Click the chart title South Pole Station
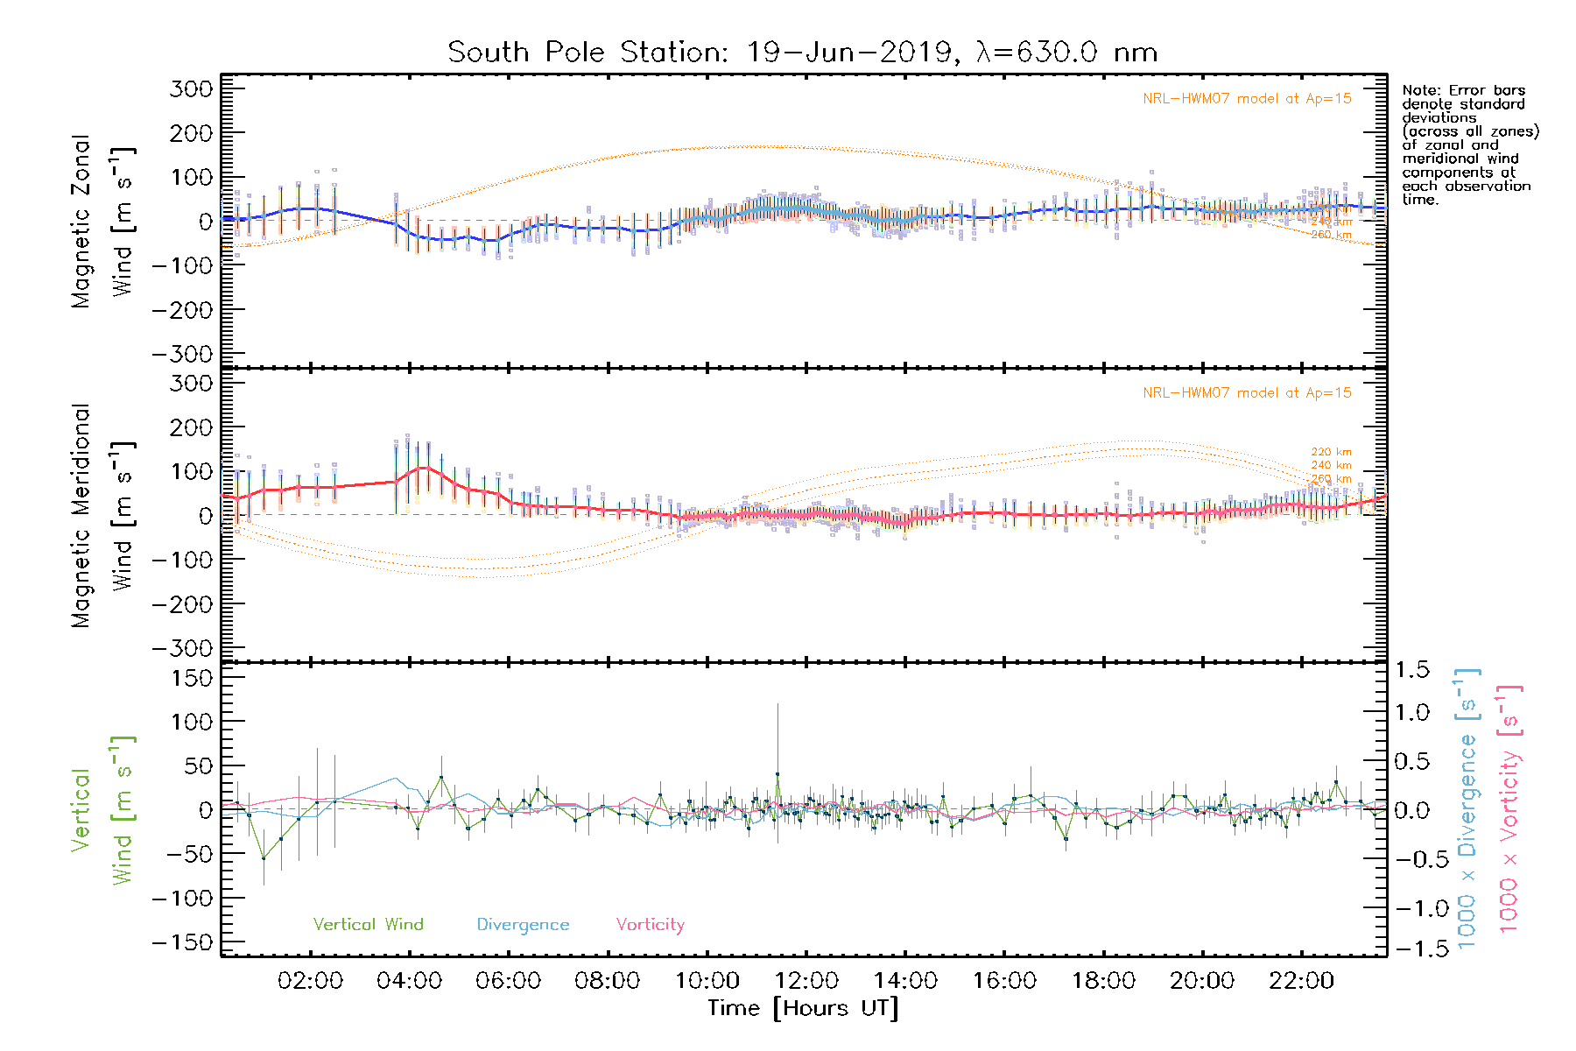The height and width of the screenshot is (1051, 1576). click(802, 53)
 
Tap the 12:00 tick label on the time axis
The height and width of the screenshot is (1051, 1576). click(806, 981)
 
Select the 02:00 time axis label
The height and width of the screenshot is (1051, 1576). click(310, 981)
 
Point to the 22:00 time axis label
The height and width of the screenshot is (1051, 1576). click(1302, 981)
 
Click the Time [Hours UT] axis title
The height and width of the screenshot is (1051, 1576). click(803, 1008)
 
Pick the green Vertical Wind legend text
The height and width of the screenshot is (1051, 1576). click(368, 925)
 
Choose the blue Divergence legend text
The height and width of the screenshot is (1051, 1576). click(523, 925)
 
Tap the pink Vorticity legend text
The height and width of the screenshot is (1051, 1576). click(650, 925)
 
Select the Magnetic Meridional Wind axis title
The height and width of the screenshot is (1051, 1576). click(103, 515)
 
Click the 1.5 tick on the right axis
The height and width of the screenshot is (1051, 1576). click(1412, 670)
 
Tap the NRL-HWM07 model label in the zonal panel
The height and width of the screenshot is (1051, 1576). click(1247, 99)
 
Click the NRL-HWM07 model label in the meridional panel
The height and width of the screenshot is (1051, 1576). click(1247, 393)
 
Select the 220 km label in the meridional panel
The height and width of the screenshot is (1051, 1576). click(1331, 452)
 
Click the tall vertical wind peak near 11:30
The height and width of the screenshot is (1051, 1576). click(777, 774)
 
